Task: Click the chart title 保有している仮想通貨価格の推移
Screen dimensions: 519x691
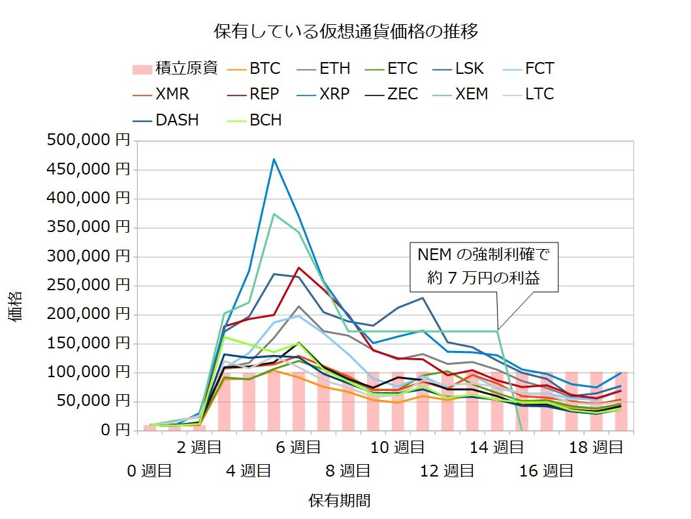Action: click(346, 31)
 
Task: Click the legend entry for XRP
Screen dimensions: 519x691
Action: click(323, 94)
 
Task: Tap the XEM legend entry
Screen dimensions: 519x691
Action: click(461, 94)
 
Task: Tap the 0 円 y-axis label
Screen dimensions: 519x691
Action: click(108, 430)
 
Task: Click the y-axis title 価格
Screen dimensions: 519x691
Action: click(17, 306)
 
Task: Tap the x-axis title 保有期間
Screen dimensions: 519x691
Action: click(340, 501)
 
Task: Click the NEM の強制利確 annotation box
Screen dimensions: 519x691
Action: click(485, 268)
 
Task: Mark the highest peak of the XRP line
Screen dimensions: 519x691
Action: click(274, 159)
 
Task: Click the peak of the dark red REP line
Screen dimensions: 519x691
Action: click(298, 267)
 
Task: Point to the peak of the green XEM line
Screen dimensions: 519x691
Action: click(274, 214)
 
